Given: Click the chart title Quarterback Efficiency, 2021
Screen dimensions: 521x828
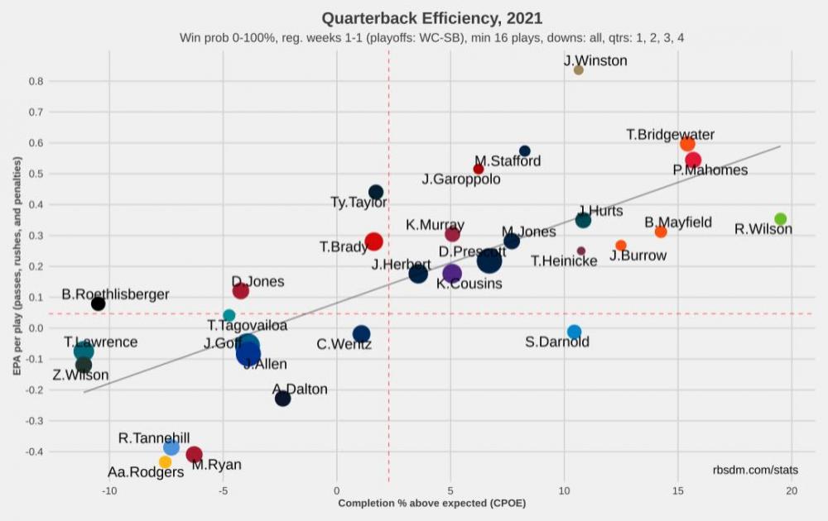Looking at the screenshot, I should click(431, 18).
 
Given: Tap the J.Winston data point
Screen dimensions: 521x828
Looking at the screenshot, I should click(578, 70).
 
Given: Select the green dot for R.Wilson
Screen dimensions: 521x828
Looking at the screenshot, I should click(780, 219).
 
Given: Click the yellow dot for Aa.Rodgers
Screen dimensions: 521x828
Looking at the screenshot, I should click(165, 462).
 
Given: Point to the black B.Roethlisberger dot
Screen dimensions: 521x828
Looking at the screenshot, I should click(98, 304).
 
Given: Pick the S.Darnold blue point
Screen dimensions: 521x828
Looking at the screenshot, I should click(574, 332).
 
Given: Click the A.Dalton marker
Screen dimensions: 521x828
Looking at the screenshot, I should click(282, 399).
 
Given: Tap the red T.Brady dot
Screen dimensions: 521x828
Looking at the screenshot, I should click(373, 241).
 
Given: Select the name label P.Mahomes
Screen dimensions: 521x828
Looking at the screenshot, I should click(710, 170).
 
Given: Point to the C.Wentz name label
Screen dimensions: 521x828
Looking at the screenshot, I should click(344, 344).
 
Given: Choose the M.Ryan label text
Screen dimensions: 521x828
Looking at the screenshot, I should click(216, 465).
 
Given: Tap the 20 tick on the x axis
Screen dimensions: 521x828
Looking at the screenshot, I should click(792, 490).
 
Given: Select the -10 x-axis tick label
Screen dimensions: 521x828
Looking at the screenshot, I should click(109, 490).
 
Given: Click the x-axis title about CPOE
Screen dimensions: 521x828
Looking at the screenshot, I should click(431, 503).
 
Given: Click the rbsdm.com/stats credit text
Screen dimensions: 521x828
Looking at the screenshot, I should click(755, 470).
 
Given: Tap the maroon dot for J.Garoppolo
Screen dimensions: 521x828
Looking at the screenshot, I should click(478, 169).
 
